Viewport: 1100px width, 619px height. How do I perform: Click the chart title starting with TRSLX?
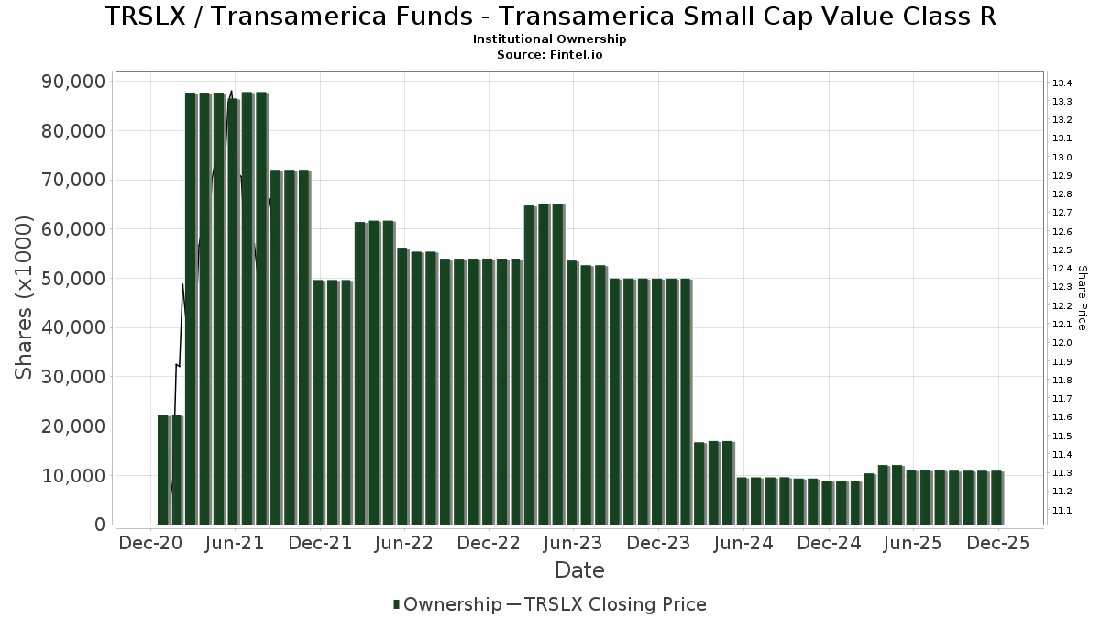pyautogui.click(x=550, y=17)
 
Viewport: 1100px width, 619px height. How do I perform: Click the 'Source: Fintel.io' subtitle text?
pyautogui.click(x=550, y=54)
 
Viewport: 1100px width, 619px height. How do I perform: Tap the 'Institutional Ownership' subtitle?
pyautogui.click(x=550, y=39)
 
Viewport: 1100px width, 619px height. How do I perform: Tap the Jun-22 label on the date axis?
pyautogui.click(x=404, y=544)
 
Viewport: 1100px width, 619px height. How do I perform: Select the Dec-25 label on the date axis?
pyautogui.click(x=996, y=544)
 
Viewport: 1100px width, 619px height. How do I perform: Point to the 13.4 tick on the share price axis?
pyautogui.click(x=1062, y=83)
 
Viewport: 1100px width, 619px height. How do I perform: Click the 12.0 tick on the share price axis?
pyautogui.click(x=1062, y=343)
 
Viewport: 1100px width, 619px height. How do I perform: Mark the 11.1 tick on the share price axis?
pyautogui.click(x=1062, y=511)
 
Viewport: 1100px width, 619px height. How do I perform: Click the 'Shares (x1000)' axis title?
pyautogui.click(x=25, y=297)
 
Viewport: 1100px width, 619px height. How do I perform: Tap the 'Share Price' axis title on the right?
pyautogui.click(x=1082, y=297)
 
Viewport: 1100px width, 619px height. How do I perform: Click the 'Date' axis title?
pyautogui.click(x=579, y=570)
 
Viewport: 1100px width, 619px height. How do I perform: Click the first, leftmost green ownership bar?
pyautogui.click(x=163, y=470)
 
